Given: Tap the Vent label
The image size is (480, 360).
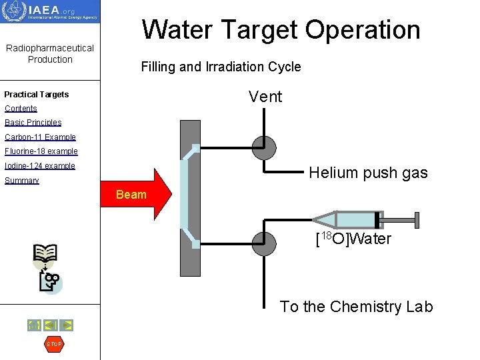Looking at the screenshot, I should pyautogui.click(x=265, y=97).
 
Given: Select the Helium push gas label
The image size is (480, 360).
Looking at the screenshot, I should pyautogui.click(x=368, y=173).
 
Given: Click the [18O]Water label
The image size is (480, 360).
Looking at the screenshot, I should pyautogui.click(x=353, y=239).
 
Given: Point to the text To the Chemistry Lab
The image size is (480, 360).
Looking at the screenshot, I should pyautogui.click(x=356, y=307).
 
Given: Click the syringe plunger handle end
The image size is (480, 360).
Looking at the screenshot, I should pyautogui.click(x=417, y=219).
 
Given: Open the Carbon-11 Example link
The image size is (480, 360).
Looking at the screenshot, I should pyautogui.click(x=40, y=137).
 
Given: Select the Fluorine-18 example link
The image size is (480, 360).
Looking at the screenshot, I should pyautogui.click(x=41, y=151).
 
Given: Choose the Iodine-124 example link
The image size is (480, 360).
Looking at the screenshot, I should pyautogui.click(x=40, y=166).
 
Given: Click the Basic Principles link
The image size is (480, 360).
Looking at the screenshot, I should pyautogui.click(x=33, y=123).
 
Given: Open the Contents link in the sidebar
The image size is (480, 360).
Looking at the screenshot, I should pyautogui.click(x=21, y=109).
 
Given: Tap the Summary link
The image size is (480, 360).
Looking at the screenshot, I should pyautogui.click(x=22, y=181).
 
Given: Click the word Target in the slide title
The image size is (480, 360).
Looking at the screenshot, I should pyautogui.click(x=262, y=29).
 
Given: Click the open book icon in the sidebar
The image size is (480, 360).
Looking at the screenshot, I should pyautogui.click(x=45, y=253).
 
